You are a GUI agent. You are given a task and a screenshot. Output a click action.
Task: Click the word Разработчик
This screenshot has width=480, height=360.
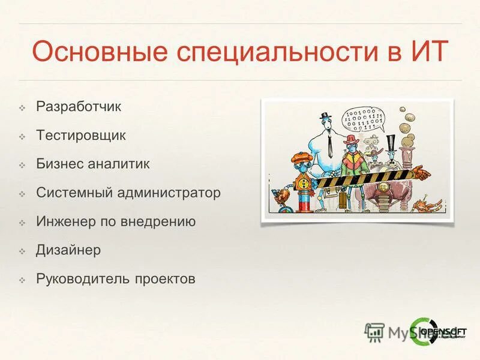(x=78, y=107)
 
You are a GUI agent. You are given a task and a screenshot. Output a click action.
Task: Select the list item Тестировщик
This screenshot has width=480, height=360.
(x=80, y=135)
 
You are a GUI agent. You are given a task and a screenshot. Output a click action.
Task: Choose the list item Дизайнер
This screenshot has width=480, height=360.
(x=68, y=250)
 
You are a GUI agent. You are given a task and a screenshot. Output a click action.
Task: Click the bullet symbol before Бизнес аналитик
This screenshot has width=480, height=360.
(x=22, y=164)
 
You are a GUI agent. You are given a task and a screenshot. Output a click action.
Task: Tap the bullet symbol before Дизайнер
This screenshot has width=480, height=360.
(x=22, y=251)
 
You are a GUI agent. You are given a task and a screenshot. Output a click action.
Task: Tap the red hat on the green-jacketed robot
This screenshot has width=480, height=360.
(x=351, y=139)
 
